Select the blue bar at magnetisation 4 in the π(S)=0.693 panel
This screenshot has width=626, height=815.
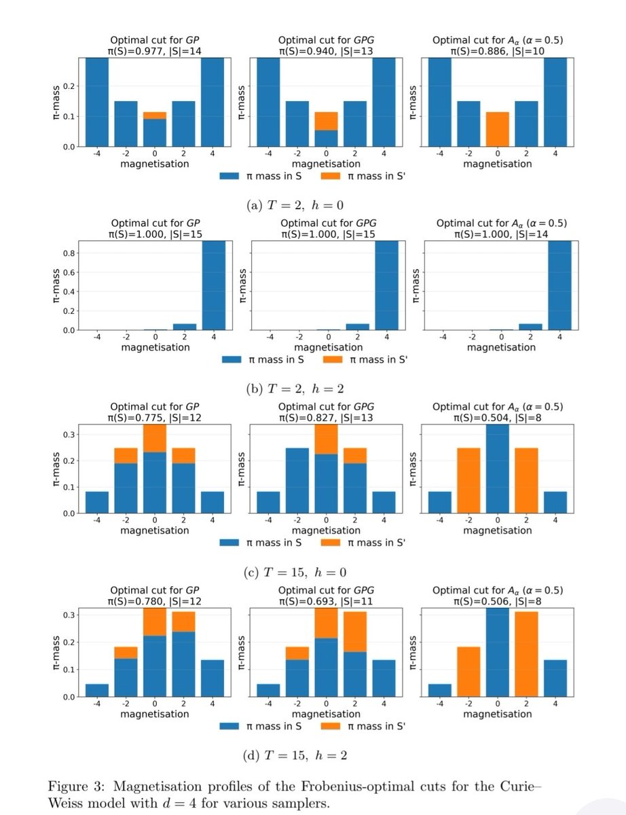[x=384, y=678]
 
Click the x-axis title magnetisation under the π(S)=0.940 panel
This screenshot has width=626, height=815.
[x=326, y=164]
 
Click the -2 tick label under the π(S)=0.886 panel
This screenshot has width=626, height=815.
[x=468, y=153]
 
